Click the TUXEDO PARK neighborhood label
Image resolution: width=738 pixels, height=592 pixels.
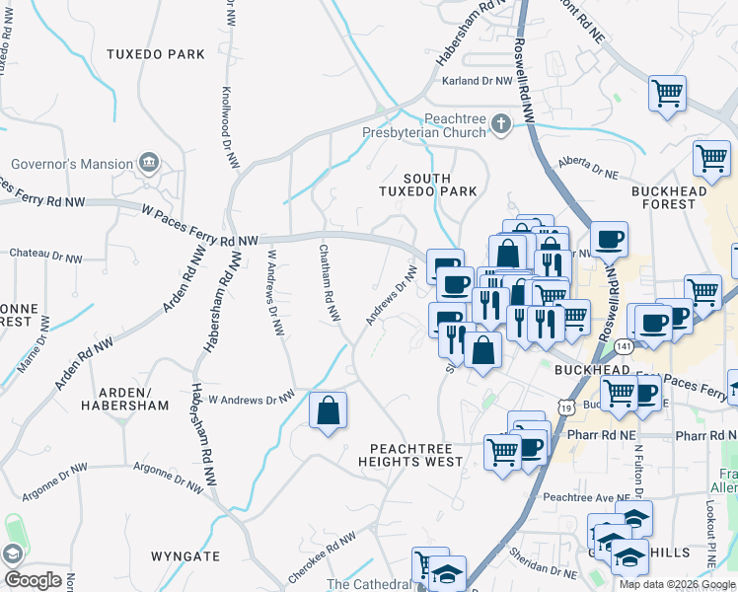(155, 53)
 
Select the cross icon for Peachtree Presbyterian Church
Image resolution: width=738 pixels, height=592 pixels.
(501, 123)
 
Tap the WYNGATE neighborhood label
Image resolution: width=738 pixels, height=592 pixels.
(185, 556)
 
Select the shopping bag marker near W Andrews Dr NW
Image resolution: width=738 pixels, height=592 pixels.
(328, 411)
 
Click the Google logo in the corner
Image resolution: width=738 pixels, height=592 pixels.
(33, 579)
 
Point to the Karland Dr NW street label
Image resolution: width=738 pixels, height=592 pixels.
(478, 81)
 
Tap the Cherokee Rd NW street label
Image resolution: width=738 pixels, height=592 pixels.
(321, 555)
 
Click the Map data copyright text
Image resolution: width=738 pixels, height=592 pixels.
(677, 584)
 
